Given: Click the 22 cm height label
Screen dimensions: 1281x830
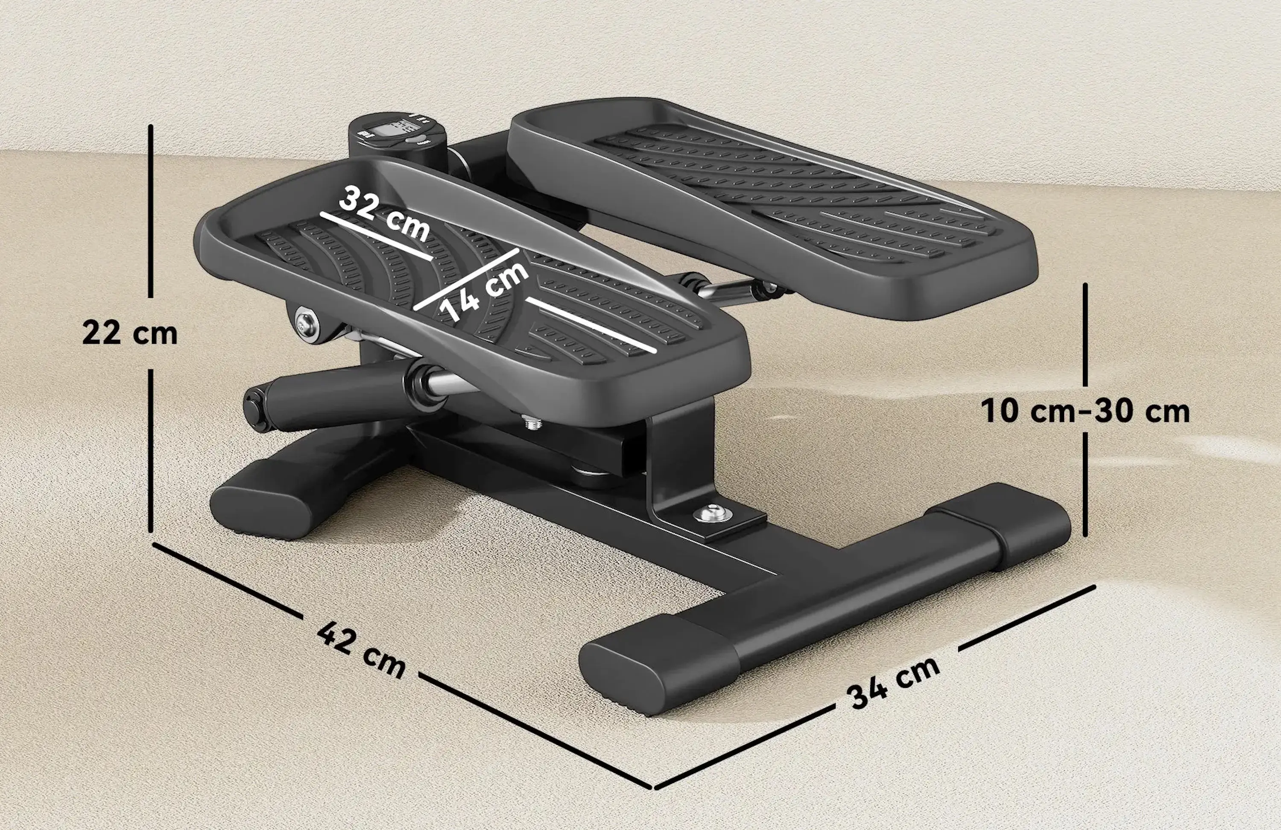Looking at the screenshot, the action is pos(130,333).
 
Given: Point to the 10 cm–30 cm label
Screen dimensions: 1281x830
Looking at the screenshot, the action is pos(1085,411).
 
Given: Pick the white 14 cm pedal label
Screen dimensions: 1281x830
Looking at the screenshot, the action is pos(484,291).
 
